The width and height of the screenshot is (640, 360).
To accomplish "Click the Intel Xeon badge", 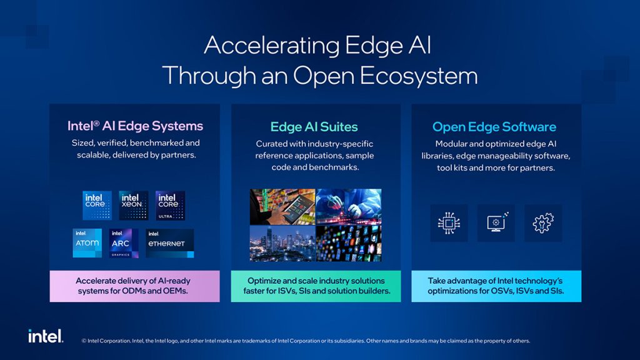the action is pos(134,205).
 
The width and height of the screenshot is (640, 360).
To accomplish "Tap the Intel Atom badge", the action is pos(87,243).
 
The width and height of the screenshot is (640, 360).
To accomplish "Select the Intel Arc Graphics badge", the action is pos(124,243).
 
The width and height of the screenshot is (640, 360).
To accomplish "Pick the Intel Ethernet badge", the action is pos(170,243).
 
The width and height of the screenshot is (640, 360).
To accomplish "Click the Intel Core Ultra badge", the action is pos(170,205).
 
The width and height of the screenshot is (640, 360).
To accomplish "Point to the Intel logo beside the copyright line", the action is pos(46,336).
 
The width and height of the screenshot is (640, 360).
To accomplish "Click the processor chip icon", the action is pos(449,223).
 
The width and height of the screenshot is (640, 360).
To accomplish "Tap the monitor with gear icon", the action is pos(496,222).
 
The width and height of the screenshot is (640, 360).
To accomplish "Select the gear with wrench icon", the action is pos(543,223).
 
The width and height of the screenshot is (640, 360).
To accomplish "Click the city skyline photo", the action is pos(282,243).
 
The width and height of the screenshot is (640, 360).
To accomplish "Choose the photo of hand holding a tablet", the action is pos(282,206).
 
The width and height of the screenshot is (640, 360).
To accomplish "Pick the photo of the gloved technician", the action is pos(349,206).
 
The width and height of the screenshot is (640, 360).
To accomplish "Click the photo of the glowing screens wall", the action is pos(349,243).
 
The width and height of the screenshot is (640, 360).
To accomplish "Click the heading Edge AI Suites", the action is pos(314,127).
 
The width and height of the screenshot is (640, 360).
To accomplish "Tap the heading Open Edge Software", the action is pos(494,127).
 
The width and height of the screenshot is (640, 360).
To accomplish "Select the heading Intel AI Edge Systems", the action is pos(135,126).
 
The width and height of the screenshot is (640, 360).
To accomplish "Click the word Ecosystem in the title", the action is pos(419,76).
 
